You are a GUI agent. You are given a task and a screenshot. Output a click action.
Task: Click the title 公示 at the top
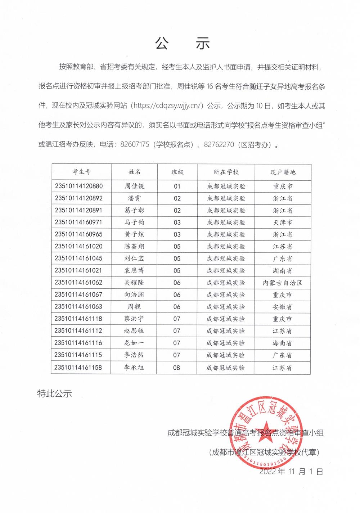coord(183,44)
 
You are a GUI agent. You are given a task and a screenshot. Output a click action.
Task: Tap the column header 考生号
coord(82,172)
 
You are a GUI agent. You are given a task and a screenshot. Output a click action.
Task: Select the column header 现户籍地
coord(283,172)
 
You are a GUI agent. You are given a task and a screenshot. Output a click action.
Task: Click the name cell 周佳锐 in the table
coord(134,186)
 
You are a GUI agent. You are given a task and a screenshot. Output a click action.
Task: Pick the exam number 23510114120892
coord(79,198)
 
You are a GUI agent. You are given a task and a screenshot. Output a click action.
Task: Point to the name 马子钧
coord(134,222)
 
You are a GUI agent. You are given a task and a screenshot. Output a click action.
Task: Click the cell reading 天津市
coord(283,222)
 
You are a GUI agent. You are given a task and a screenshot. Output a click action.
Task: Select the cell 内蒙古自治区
coord(283,283)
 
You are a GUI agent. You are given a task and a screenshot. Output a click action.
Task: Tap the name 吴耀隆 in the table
coord(134,283)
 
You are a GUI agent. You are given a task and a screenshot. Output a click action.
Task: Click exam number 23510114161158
coord(78,368)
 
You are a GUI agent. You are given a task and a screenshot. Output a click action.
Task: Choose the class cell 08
coord(176,368)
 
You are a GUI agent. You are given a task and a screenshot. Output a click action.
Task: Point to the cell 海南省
coord(282,343)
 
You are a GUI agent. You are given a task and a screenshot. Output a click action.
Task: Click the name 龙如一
coord(134,343)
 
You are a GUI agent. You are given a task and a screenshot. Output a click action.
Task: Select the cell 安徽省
coord(282,307)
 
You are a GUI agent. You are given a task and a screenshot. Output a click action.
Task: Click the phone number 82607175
coord(135,145)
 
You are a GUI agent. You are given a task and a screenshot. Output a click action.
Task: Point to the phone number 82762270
coord(219,145)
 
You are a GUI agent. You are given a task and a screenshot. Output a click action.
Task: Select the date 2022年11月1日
coord(291,472)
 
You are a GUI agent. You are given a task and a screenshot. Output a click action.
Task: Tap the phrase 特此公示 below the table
coord(55,393)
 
